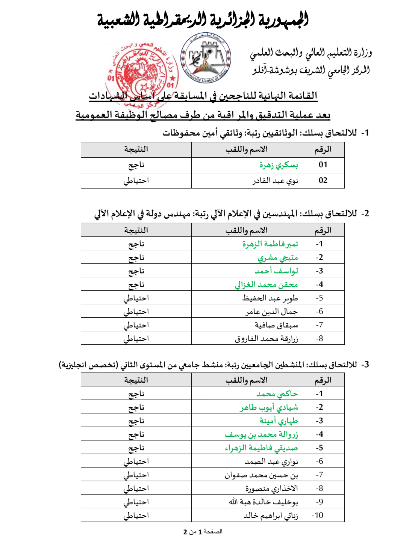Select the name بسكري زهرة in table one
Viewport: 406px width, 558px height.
tap(279, 165)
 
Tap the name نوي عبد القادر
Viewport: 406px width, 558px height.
tap(275, 181)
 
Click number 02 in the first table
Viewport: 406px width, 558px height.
tap(323, 181)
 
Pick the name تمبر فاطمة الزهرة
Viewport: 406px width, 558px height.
tap(270, 244)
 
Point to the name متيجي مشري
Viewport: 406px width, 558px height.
tap(277, 258)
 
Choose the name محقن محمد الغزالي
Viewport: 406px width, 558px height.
tap(266, 285)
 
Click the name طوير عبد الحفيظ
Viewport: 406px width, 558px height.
tap(270, 298)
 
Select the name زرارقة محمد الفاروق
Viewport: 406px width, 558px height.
tap(266, 339)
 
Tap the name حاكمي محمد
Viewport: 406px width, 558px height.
tap(277, 394)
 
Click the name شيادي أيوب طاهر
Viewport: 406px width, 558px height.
tap(269, 407)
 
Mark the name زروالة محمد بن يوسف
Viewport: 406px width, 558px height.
tap(261, 434)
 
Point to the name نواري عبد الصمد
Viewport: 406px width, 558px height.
tap(271, 461)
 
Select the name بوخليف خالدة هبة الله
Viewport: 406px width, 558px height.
tap(263, 502)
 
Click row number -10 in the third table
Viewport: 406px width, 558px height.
tap(317, 516)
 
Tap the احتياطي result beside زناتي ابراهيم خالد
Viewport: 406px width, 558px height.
tap(136, 516)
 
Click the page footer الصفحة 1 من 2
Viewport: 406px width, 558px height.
tap(203, 532)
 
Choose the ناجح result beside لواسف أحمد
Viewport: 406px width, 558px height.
tap(136, 271)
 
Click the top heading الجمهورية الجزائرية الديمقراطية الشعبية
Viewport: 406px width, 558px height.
tap(203, 20)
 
